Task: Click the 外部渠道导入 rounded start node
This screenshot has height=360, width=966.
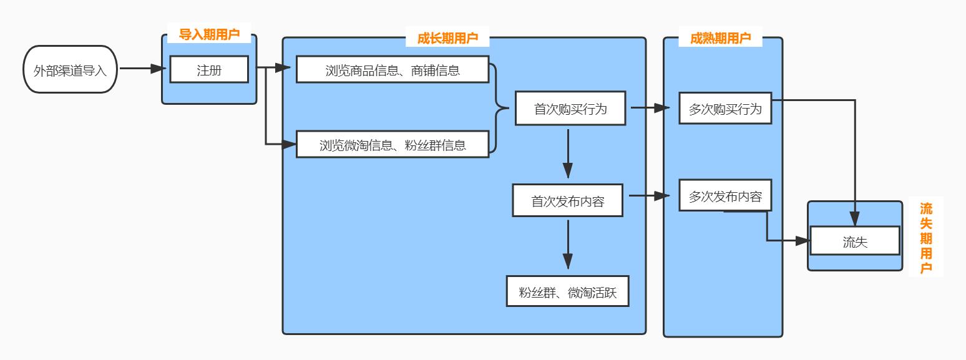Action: tap(70, 69)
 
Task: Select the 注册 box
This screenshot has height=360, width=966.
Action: tap(209, 69)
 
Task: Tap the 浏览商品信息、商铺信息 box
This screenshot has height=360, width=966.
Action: tap(392, 69)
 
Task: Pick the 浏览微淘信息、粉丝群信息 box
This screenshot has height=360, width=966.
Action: tap(392, 145)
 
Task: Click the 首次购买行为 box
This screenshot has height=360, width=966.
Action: tap(570, 109)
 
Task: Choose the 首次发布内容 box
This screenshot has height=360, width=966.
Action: tap(567, 200)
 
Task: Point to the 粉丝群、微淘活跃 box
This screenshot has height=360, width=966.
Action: tap(567, 291)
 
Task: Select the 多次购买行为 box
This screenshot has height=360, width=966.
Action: tap(725, 109)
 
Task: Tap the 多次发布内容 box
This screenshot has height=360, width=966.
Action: tap(725, 196)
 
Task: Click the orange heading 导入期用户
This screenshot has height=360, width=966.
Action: tap(209, 34)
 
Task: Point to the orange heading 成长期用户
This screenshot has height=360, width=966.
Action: tap(447, 38)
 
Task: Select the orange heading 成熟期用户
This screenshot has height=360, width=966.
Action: tap(720, 38)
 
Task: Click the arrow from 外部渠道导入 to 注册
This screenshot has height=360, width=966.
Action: tap(142, 69)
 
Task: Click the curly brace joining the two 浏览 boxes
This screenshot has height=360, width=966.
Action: tap(499, 108)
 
